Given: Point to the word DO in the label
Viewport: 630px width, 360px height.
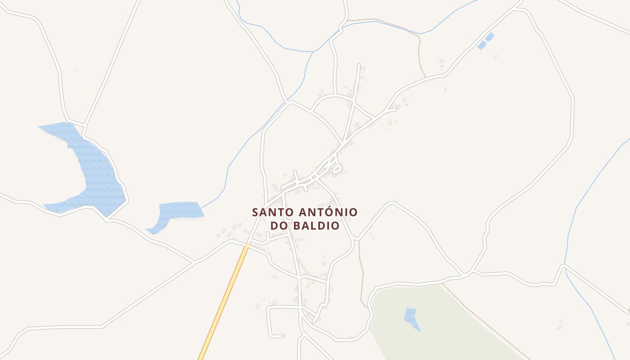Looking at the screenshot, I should point(279,226).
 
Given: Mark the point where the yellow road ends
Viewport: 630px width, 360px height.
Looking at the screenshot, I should point(247,245).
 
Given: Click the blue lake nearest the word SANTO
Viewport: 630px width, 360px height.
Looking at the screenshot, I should point(178,211).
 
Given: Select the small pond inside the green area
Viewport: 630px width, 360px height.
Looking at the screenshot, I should point(411,318).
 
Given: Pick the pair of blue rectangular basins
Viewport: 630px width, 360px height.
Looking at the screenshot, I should point(486,41).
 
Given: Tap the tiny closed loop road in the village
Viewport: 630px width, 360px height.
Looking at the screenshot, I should point(336,170).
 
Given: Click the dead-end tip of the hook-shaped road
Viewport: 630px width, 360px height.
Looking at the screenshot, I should point(282,335).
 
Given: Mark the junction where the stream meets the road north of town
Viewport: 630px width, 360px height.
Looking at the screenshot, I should point(286,103).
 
